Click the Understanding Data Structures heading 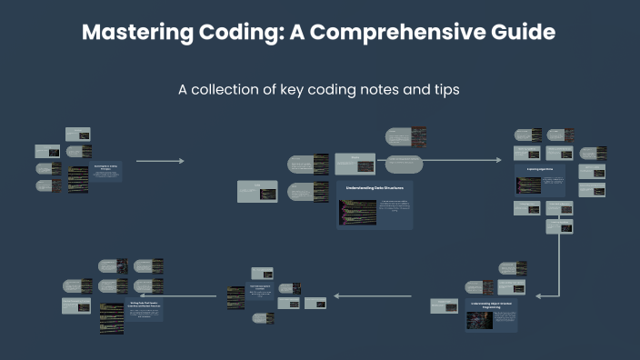(x=375, y=187)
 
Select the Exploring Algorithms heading (x=540, y=170)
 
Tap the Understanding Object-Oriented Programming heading (x=491, y=305)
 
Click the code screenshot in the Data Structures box (x=356, y=212)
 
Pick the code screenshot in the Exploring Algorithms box (x=528, y=185)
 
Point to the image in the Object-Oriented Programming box (x=479, y=320)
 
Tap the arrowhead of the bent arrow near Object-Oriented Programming (x=539, y=295)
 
